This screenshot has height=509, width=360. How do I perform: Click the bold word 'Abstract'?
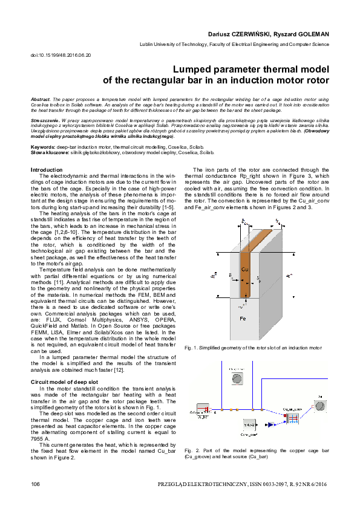coord(41,98)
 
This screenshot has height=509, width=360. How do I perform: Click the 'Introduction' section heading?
coord(47,170)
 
